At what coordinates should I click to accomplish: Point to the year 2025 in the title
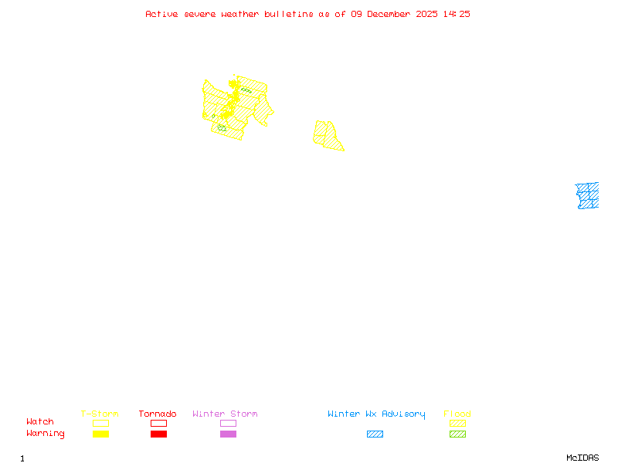tap(428, 14)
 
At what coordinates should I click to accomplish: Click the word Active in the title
tap(162, 14)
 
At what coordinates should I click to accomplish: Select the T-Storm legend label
tap(100, 414)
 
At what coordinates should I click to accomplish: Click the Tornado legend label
tap(158, 414)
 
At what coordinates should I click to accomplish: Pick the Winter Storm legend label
tap(225, 414)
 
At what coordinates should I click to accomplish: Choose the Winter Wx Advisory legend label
tap(376, 414)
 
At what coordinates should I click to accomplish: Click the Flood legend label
tap(457, 414)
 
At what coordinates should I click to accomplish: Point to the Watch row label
tap(40, 422)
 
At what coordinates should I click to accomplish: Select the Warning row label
tap(46, 434)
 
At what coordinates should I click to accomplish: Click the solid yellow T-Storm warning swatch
tap(100, 434)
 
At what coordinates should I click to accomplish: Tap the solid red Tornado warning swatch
tap(158, 434)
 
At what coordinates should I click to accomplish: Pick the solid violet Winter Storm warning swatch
tap(228, 434)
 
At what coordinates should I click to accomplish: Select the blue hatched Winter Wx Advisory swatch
tap(375, 434)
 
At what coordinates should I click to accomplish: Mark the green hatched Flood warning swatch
tap(457, 434)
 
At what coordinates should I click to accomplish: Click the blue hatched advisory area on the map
tap(588, 195)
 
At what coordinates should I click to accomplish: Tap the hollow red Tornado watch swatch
tap(158, 423)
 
